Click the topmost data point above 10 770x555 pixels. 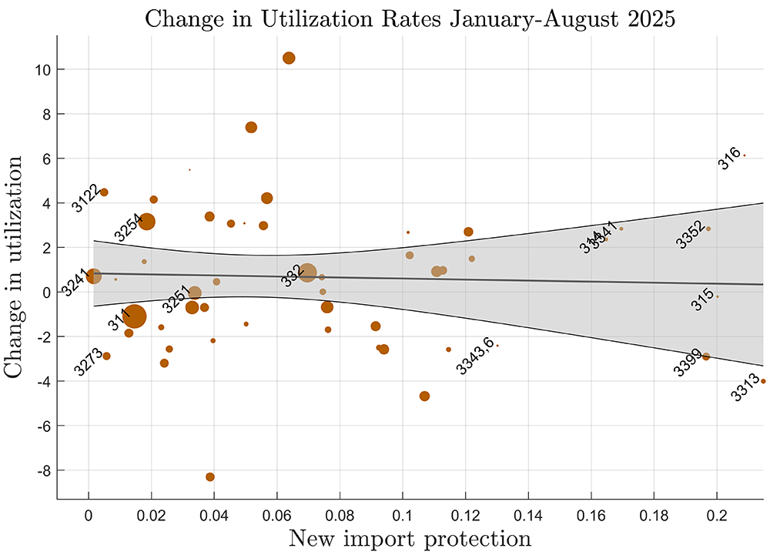(289, 58)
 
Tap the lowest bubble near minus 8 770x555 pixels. (210, 477)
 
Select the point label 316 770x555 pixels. (729, 159)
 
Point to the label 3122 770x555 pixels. (85, 198)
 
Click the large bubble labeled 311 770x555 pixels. (135, 316)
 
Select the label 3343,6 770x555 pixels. (474, 356)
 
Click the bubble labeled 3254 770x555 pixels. (147, 222)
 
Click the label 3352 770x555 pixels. (691, 235)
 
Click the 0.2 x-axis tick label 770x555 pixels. (717, 513)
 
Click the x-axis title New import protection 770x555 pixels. (410, 538)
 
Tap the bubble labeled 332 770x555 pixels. (307, 272)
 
